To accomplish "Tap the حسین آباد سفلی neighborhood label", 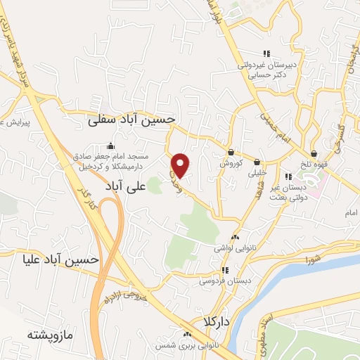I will [131, 121].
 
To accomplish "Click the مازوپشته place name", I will [51, 333].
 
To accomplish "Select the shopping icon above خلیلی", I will [257, 161].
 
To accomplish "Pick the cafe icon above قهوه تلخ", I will [314, 154].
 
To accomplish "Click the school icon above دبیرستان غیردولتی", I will [266, 53].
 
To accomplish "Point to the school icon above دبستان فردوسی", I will [224, 270].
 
